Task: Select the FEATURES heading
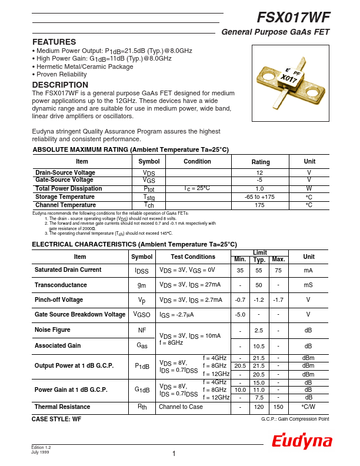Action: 54,42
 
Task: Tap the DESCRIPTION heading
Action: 60,85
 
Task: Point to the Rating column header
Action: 261,162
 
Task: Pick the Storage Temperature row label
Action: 65,197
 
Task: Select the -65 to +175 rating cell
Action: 259,197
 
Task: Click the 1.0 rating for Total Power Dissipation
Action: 259,189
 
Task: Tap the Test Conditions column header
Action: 193,257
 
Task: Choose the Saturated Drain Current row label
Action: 68,270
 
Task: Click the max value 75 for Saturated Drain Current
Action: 278,270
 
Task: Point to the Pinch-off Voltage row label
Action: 59,299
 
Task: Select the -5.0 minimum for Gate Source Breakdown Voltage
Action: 240,314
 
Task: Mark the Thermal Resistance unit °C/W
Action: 308,407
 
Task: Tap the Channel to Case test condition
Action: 181,407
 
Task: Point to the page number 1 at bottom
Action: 174,454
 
